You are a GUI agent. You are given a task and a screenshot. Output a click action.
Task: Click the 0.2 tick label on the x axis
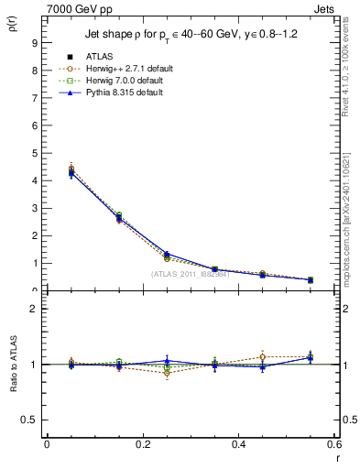click(x=142, y=444)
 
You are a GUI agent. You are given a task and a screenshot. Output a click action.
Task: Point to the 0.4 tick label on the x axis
click(x=238, y=444)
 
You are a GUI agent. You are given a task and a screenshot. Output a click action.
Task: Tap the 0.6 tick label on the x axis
click(x=333, y=444)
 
